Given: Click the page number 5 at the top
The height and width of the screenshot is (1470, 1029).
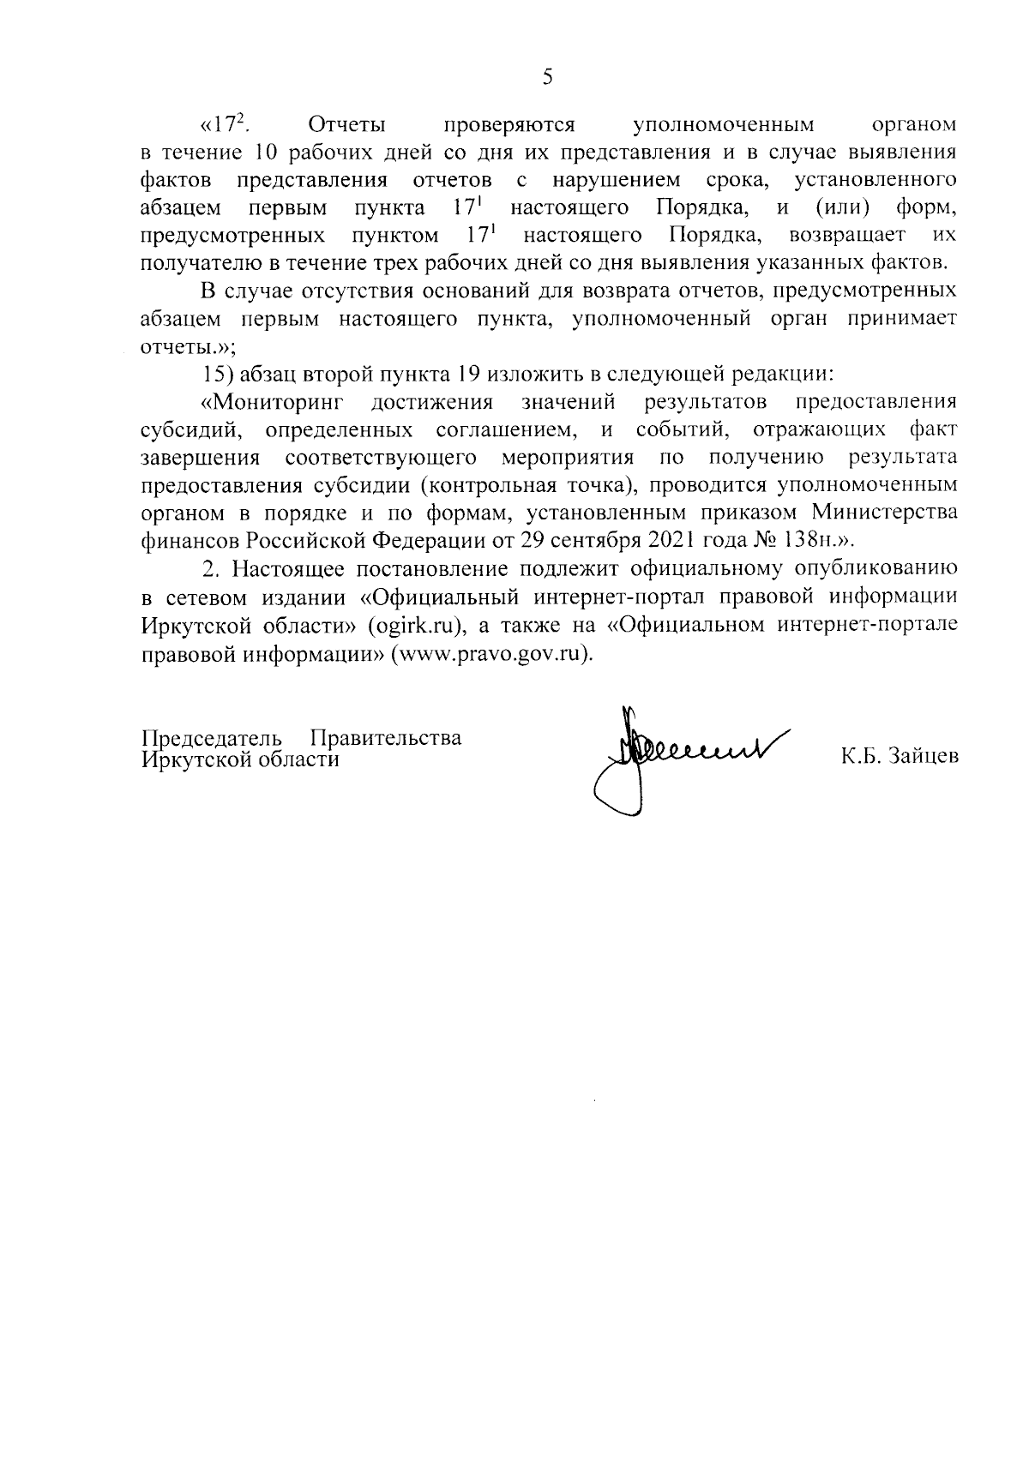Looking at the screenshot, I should (x=547, y=78).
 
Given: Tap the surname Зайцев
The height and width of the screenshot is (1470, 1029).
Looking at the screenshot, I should (x=917, y=757).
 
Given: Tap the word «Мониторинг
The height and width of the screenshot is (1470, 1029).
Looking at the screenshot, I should (x=271, y=402).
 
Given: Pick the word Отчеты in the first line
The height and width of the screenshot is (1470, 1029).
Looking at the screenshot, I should (x=346, y=125).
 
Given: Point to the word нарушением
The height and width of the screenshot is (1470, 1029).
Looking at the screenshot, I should (x=617, y=181).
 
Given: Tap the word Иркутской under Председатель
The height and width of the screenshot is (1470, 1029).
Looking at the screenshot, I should (x=191, y=759).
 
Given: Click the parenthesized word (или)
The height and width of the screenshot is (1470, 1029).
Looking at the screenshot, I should (x=839, y=208).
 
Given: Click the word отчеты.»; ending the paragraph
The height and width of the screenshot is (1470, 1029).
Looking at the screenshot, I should (x=188, y=349).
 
